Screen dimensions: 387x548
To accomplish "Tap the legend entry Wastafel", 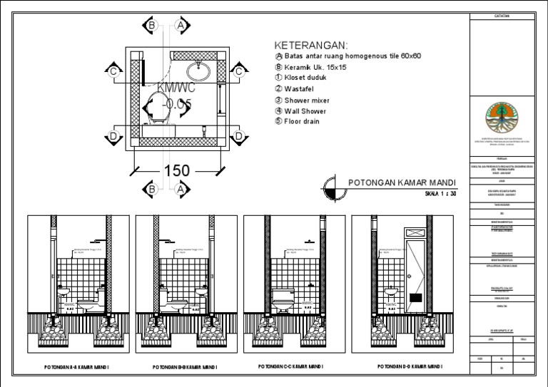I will pos(303,89).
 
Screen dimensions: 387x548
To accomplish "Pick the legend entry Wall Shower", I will pos(305,111).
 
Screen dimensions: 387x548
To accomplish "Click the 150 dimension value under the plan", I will pos(178,171).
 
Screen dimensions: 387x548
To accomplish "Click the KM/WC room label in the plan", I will pos(176,88).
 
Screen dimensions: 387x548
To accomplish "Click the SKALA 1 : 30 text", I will pos(440,193).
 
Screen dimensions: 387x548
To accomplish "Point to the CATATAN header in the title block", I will pos(502,16).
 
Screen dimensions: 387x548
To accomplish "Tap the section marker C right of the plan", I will pos(239,71).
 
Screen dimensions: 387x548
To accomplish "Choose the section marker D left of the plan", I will pos(113,135).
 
